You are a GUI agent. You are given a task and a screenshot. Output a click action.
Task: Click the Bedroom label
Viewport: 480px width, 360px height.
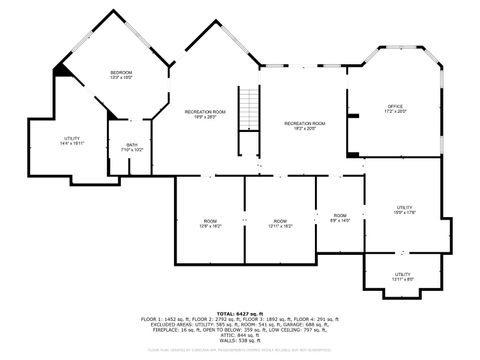point(121,72)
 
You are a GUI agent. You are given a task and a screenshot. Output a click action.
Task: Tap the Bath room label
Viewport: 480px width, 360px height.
point(132,144)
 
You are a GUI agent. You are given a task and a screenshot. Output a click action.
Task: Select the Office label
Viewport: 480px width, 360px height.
point(395,106)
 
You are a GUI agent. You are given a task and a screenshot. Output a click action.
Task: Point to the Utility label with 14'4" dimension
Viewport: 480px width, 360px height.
point(72,138)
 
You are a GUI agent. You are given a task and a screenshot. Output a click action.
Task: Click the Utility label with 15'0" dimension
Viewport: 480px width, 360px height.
point(404,207)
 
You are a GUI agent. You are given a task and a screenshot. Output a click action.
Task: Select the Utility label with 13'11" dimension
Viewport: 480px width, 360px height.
point(402,273)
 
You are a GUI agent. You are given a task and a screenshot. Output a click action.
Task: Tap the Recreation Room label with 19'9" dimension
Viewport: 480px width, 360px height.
point(205,111)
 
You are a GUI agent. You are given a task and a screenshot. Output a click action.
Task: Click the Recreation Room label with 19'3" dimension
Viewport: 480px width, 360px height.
point(304,123)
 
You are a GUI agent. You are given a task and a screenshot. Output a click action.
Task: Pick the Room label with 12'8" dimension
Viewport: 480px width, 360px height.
point(210,221)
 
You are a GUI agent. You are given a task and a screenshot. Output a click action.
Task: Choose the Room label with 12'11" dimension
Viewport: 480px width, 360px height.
point(280,221)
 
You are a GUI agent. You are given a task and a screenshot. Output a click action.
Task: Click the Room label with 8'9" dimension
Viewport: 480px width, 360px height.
point(340,215)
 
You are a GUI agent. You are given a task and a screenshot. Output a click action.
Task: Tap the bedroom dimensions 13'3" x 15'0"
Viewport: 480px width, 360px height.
point(121,78)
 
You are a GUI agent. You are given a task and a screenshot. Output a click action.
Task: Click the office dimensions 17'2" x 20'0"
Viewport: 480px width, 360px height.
point(395,112)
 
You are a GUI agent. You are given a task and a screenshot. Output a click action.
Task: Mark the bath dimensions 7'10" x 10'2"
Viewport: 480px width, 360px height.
point(132,150)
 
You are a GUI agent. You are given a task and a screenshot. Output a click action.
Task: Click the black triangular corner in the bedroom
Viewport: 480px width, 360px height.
point(63,68)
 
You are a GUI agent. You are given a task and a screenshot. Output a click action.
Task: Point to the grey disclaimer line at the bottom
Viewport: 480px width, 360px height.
point(240,350)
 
